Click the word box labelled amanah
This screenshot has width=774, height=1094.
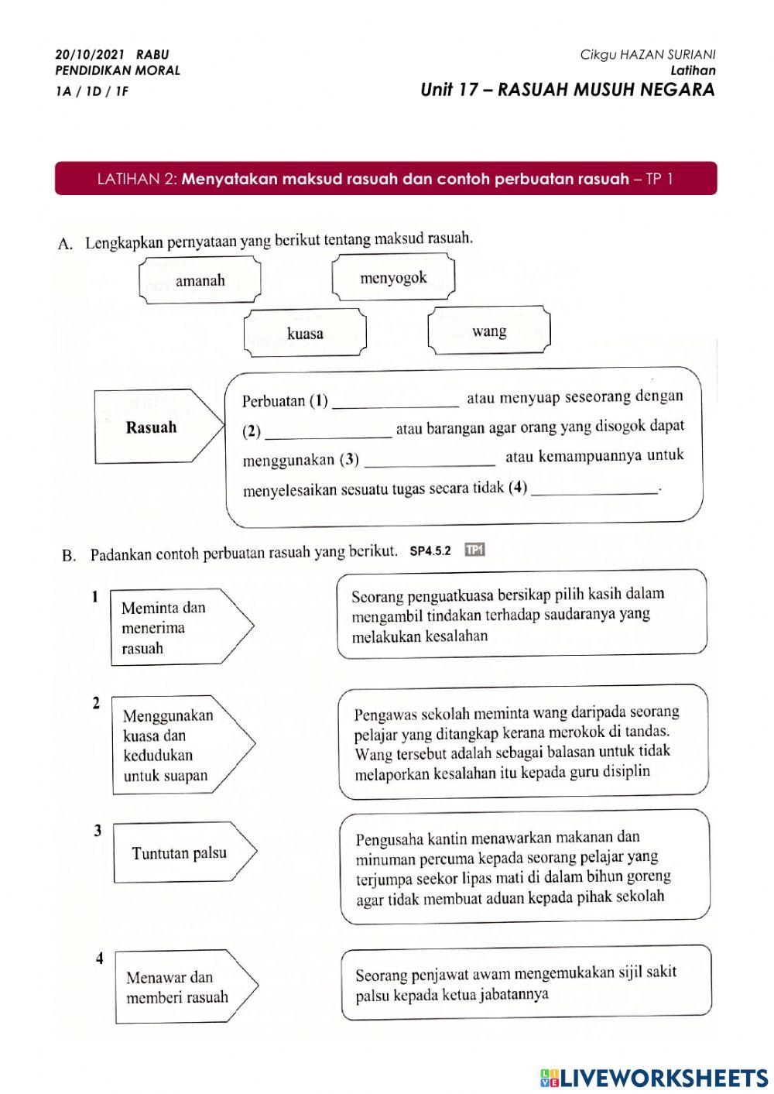click(x=200, y=280)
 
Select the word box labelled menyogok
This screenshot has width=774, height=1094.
click(x=393, y=279)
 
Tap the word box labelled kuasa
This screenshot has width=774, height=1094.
click(x=305, y=334)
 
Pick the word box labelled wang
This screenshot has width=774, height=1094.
click(x=489, y=331)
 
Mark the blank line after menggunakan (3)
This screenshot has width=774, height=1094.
click(x=430, y=461)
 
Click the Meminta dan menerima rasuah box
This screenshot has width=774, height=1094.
click(x=174, y=628)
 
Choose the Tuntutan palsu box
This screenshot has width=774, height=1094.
click(x=180, y=853)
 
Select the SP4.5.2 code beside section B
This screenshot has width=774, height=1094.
click(x=430, y=551)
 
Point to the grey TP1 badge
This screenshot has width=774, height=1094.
click(x=474, y=550)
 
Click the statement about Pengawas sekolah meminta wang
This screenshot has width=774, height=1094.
click(x=523, y=742)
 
